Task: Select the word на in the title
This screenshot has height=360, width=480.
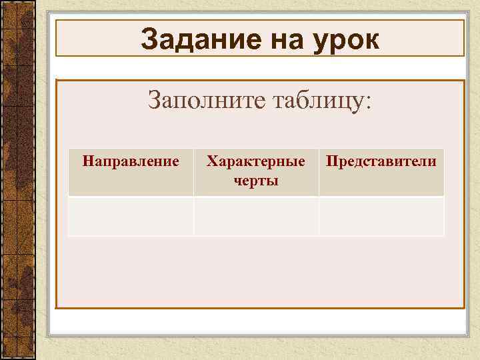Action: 279,40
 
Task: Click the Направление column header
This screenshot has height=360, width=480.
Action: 130,161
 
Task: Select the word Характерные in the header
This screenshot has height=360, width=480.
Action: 256,161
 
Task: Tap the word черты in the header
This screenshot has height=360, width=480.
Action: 256,181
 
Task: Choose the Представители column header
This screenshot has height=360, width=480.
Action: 381,161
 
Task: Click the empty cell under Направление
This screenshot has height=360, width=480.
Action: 130,216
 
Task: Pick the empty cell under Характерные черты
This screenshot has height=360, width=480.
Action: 256,216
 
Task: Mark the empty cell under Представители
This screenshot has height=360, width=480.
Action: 381,216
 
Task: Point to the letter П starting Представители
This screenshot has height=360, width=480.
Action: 330,161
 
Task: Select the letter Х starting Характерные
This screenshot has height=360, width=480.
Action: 211,161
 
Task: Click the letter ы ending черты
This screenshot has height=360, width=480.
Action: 273,181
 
